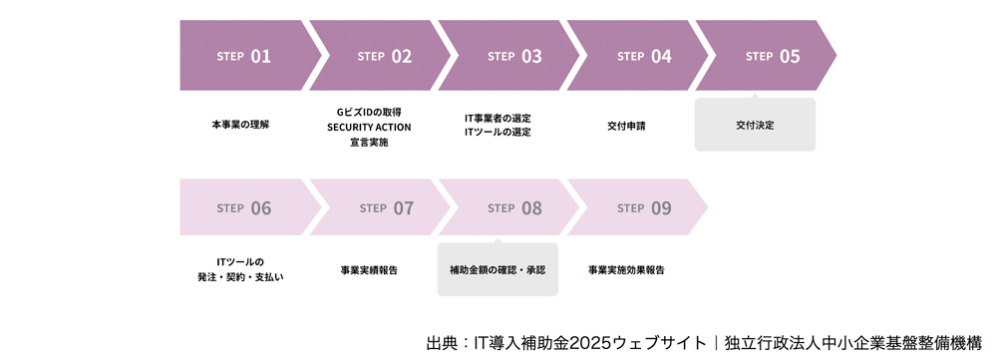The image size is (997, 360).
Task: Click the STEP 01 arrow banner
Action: pyautogui.click(x=244, y=56)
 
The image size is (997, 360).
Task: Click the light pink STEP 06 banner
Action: pyautogui.click(x=244, y=207)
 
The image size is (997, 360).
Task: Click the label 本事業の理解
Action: pyautogui.click(x=240, y=126)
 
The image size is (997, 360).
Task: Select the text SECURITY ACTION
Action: pyautogui.click(x=369, y=127)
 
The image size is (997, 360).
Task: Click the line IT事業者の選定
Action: pyautogui.click(x=498, y=118)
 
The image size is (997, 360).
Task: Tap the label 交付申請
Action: pyautogui.click(x=626, y=126)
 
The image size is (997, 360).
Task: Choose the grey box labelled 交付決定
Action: pyautogui.click(x=755, y=126)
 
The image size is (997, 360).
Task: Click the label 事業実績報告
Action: pyautogui.click(x=369, y=270)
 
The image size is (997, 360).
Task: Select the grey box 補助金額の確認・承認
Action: pyautogui.click(x=498, y=270)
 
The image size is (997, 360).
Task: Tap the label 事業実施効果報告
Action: pyautogui.click(x=626, y=270)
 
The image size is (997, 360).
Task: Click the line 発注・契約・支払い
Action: pyautogui.click(x=240, y=277)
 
